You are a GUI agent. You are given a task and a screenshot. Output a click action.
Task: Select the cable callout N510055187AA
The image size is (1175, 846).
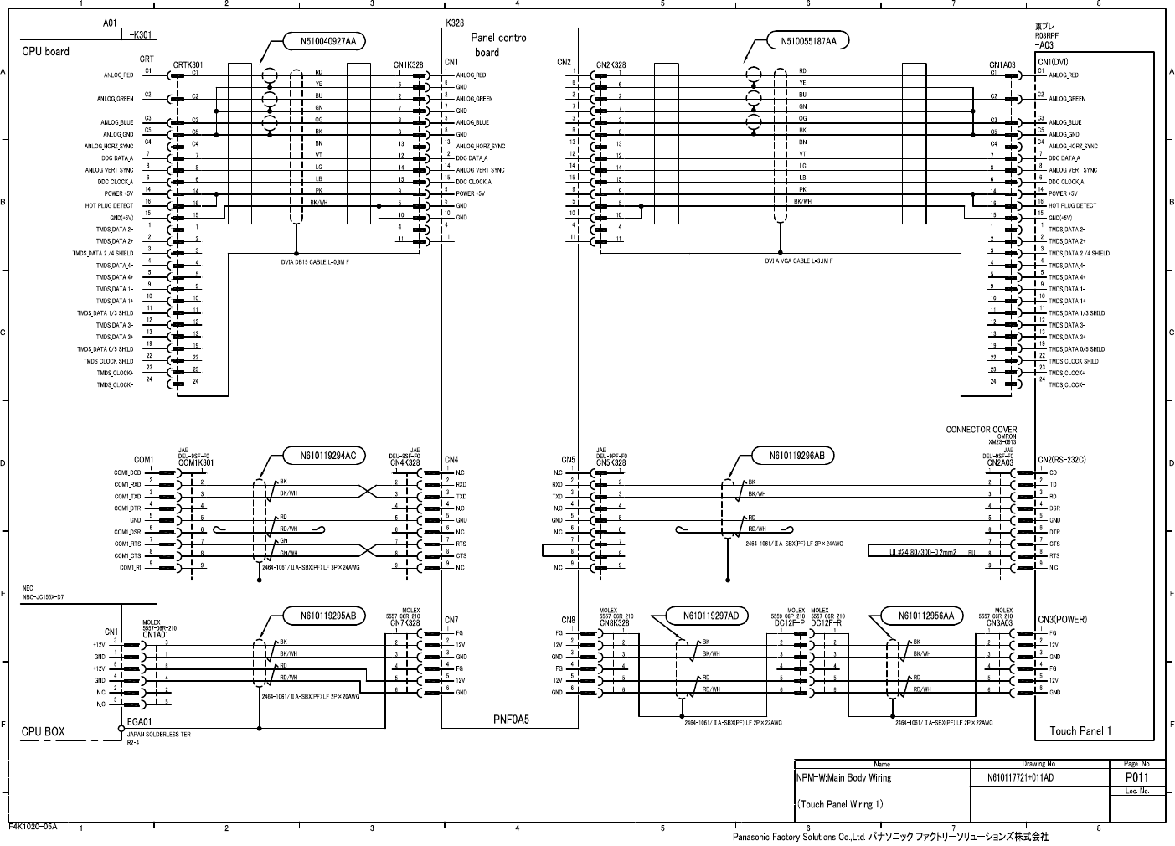(808, 40)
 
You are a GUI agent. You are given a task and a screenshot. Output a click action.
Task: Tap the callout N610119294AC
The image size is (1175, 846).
(322, 456)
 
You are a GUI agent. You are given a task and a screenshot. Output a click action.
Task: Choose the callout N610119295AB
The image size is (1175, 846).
(322, 616)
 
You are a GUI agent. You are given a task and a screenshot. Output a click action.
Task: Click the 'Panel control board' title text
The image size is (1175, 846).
(499, 45)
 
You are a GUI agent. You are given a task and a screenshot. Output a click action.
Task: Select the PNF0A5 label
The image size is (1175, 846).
(511, 719)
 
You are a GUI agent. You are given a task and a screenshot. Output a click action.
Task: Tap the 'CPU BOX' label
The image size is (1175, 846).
(43, 731)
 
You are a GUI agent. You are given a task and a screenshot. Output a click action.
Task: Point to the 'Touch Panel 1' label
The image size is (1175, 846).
(1080, 730)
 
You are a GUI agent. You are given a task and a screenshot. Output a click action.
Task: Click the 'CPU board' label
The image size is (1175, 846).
(45, 52)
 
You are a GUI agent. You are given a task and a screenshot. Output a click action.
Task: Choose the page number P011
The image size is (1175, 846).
(1135, 777)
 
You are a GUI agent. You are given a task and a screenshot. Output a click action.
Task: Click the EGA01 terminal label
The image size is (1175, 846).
(139, 721)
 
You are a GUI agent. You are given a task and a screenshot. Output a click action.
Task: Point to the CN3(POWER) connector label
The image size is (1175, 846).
(1062, 620)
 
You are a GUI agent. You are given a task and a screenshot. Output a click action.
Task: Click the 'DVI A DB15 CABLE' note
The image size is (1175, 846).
(315, 262)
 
